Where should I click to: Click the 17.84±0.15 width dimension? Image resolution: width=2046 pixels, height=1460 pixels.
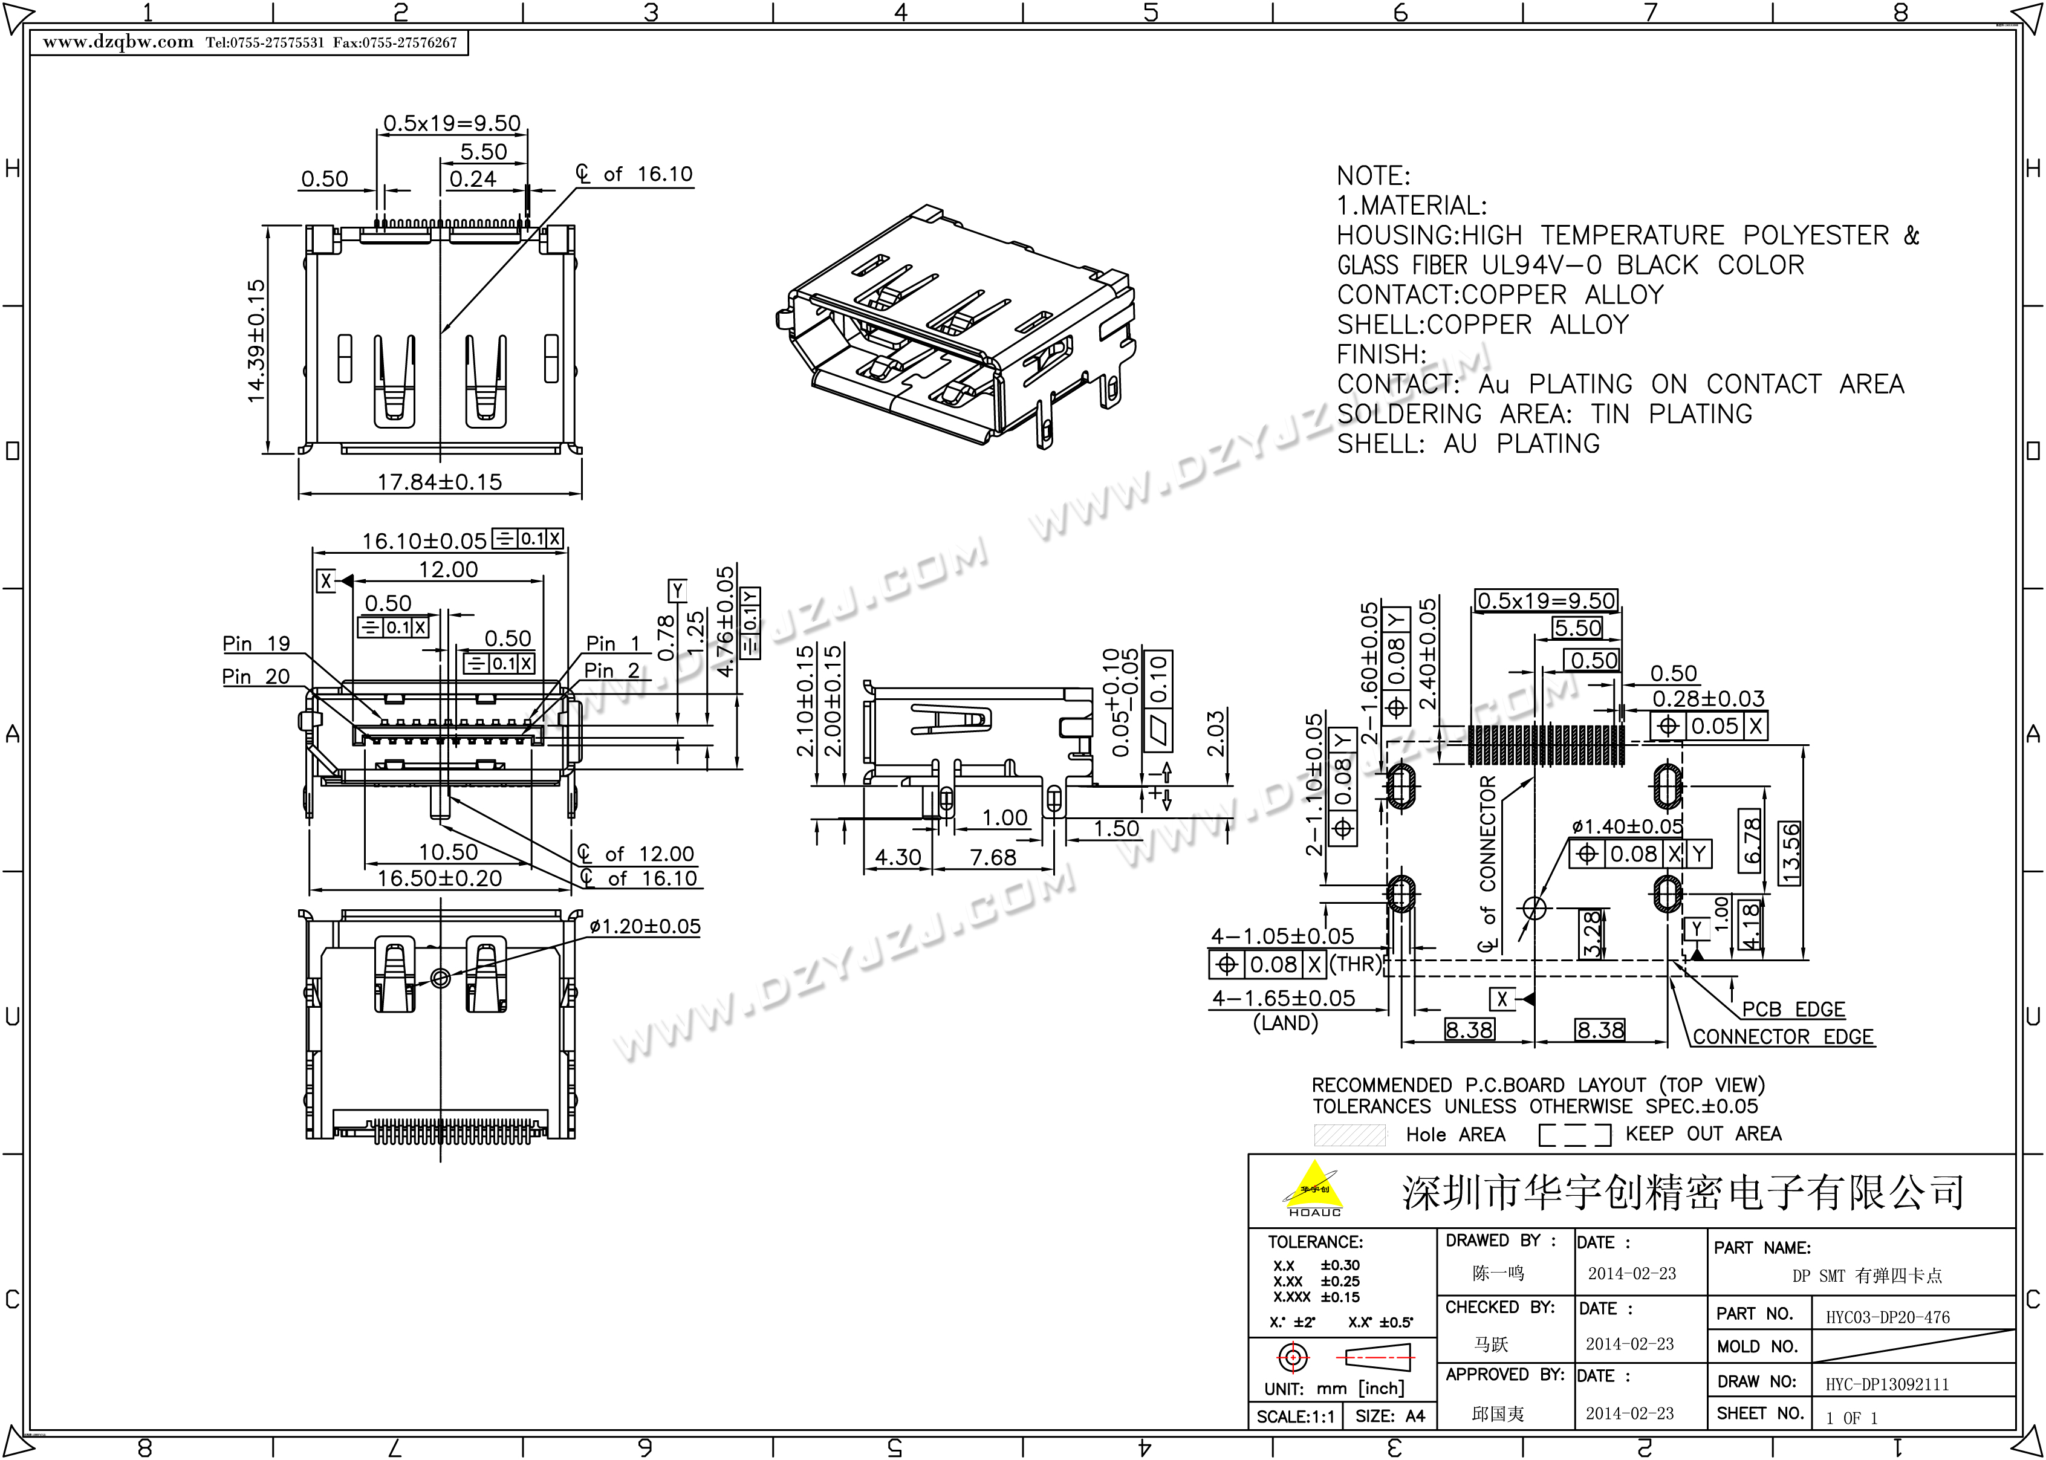tap(439, 482)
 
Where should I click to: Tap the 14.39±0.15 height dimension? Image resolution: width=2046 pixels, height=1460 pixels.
tap(257, 341)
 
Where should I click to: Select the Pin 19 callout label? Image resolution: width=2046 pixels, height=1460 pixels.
tap(256, 644)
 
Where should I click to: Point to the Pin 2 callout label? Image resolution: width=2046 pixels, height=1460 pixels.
tap(612, 670)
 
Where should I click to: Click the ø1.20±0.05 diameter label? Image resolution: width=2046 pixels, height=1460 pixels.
tap(645, 927)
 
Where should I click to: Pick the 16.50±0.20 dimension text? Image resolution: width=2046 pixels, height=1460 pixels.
tap(439, 878)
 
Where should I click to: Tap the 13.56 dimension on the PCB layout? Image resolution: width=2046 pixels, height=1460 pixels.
tap(1791, 853)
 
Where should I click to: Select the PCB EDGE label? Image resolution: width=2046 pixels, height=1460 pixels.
tap(1793, 1010)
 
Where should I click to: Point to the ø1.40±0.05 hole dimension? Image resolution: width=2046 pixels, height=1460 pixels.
tap(1627, 826)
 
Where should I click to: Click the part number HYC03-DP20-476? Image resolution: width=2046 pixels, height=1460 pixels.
tap(1888, 1318)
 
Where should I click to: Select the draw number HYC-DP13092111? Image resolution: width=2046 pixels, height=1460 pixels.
tap(1887, 1384)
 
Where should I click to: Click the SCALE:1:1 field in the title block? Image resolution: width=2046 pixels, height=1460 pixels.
tap(1296, 1417)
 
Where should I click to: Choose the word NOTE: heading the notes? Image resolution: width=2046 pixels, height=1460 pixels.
tap(1372, 176)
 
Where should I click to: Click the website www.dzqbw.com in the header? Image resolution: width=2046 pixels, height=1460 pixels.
tap(118, 42)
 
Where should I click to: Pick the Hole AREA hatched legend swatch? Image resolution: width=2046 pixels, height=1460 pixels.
tap(1349, 1135)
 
